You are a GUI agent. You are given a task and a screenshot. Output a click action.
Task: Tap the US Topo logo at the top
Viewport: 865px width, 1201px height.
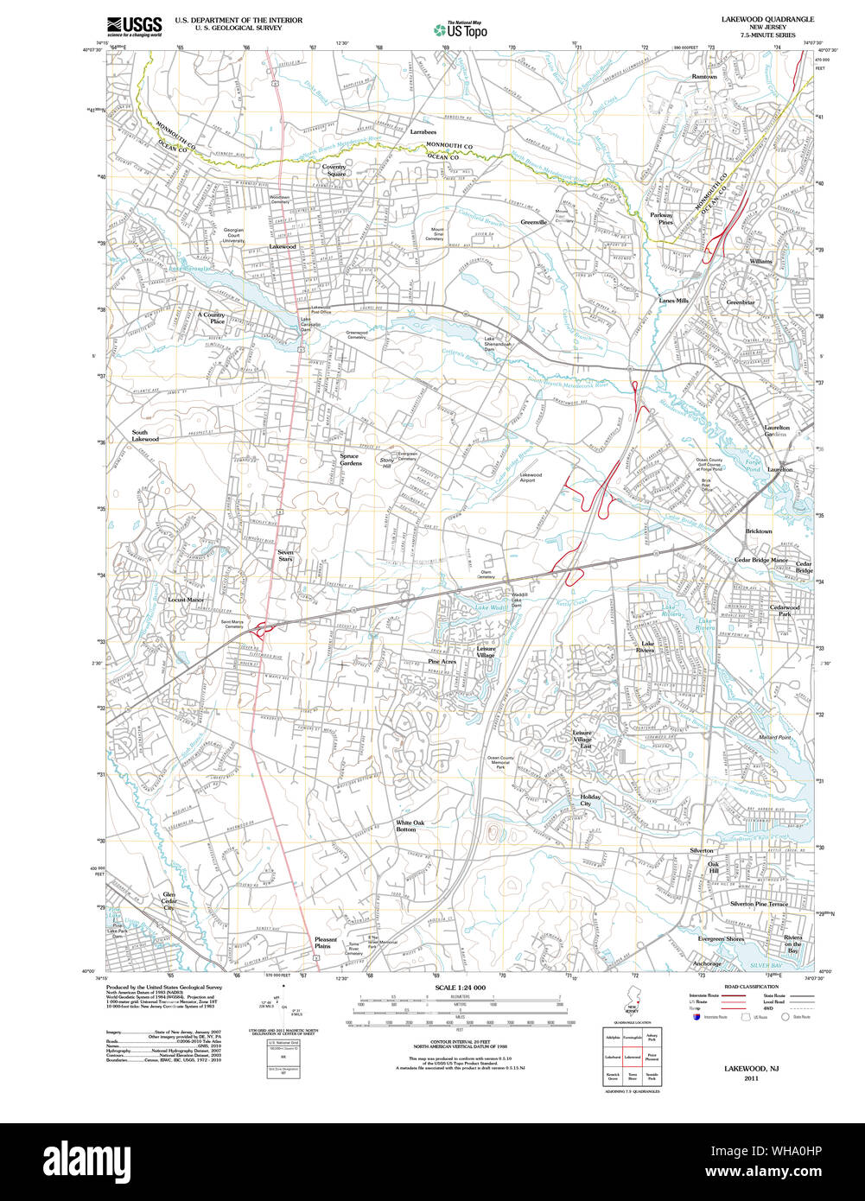tap(460, 30)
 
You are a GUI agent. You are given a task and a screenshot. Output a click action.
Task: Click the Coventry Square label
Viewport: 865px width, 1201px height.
tap(334, 169)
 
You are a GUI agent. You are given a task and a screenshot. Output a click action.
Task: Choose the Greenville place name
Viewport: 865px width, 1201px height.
tap(534, 222)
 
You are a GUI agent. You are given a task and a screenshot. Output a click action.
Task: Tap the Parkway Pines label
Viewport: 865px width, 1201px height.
tap(662, 218)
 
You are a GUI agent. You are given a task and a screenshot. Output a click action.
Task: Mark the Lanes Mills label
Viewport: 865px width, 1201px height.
tap(674, 301)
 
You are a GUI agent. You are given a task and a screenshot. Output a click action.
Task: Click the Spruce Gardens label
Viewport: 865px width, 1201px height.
tap(351, 460)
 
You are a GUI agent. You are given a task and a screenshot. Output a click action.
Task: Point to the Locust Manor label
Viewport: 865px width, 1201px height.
tap(186, 600)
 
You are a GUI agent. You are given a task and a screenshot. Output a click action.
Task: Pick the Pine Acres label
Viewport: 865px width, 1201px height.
tap(442, 661)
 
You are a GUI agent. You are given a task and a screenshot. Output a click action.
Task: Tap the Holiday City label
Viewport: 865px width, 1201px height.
tap(591, 800)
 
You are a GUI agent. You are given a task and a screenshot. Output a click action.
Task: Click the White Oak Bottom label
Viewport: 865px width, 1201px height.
tap(410, 826)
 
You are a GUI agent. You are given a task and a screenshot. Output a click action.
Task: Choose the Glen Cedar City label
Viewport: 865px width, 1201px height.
tap(169, 901)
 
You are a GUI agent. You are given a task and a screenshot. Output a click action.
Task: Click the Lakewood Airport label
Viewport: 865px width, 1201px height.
tap(531, 477)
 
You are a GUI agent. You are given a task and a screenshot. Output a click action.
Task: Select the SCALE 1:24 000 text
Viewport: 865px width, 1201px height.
tap(460, 988)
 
